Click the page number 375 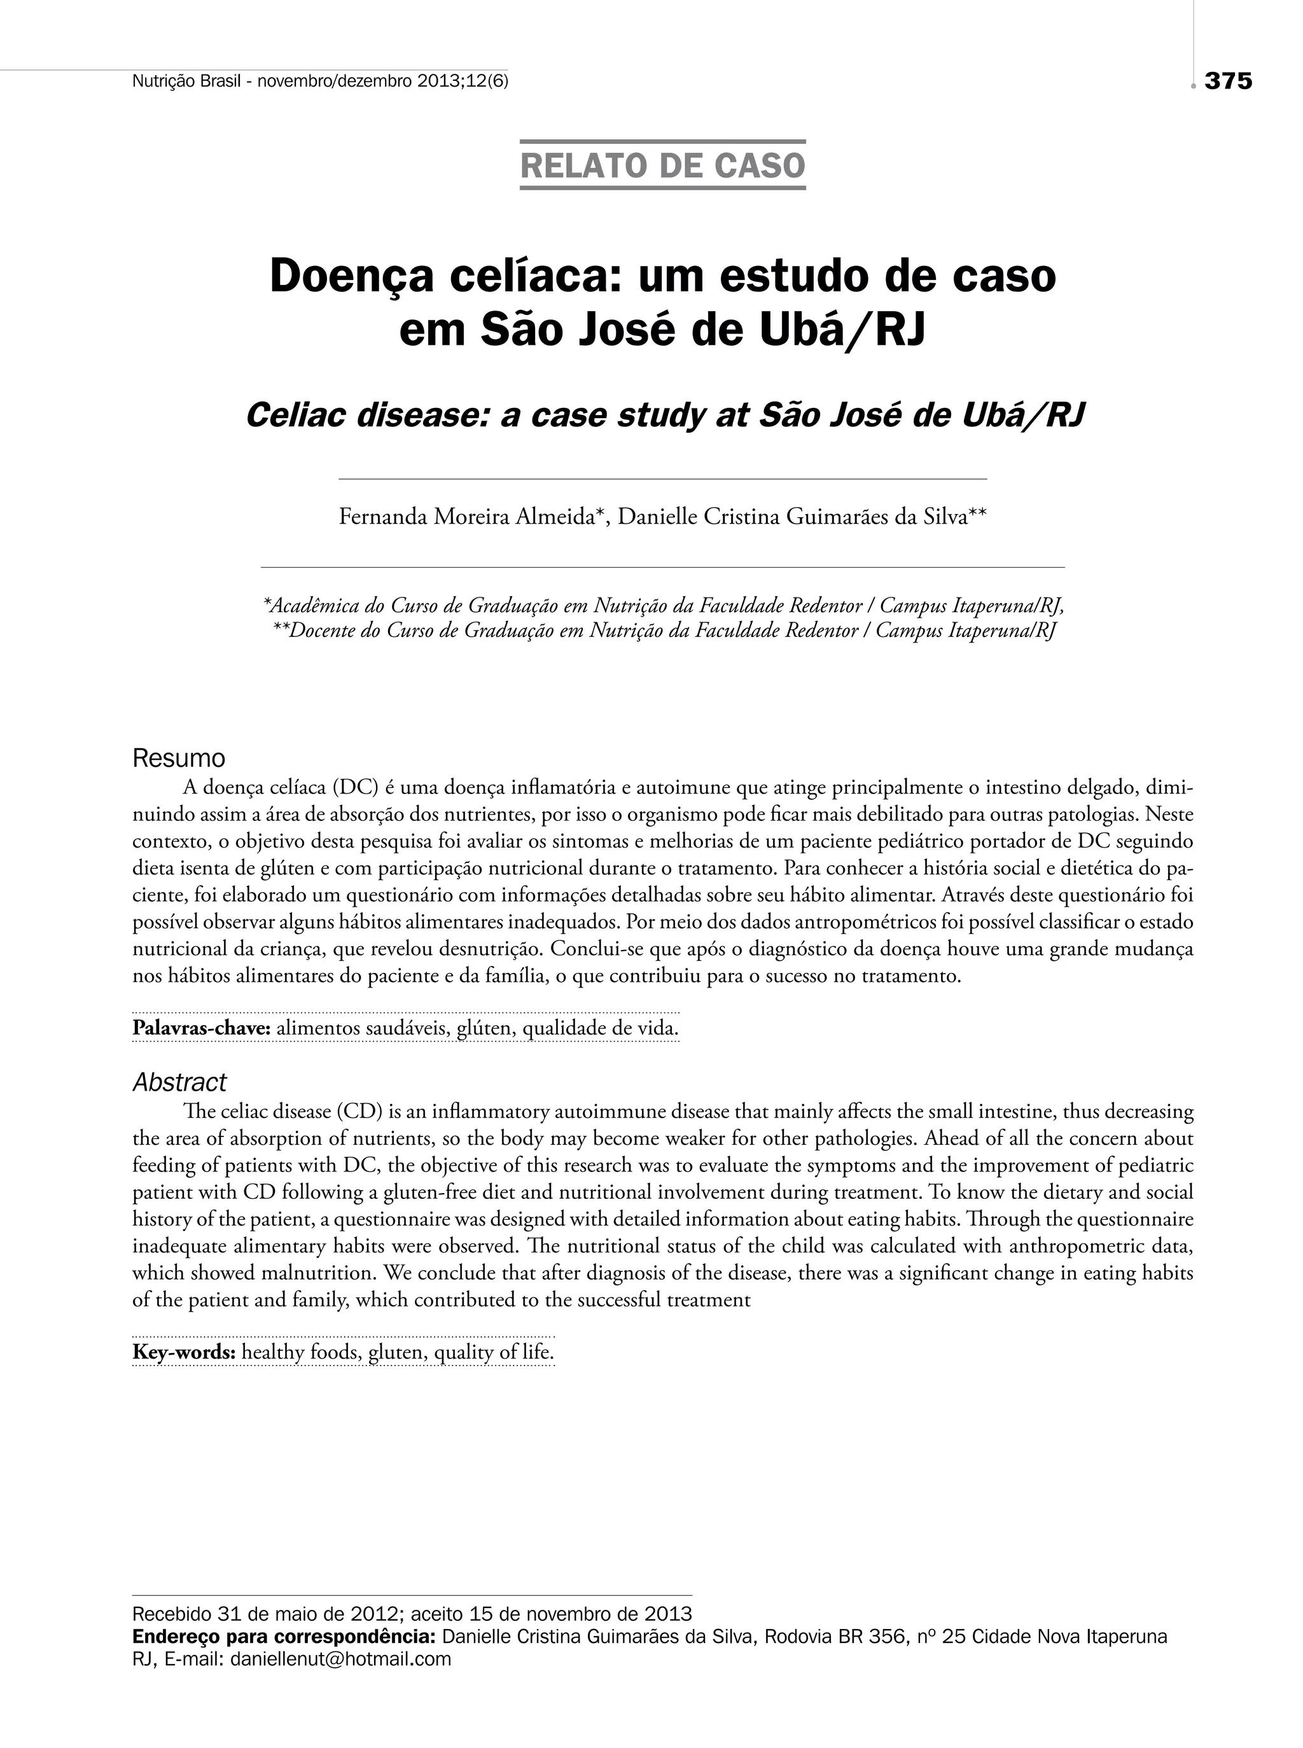click(x=1228, y=81)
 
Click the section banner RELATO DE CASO click(x=662, y=165)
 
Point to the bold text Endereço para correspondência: click(x=284, y=1637)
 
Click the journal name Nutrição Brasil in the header click(x=185, y=81)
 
